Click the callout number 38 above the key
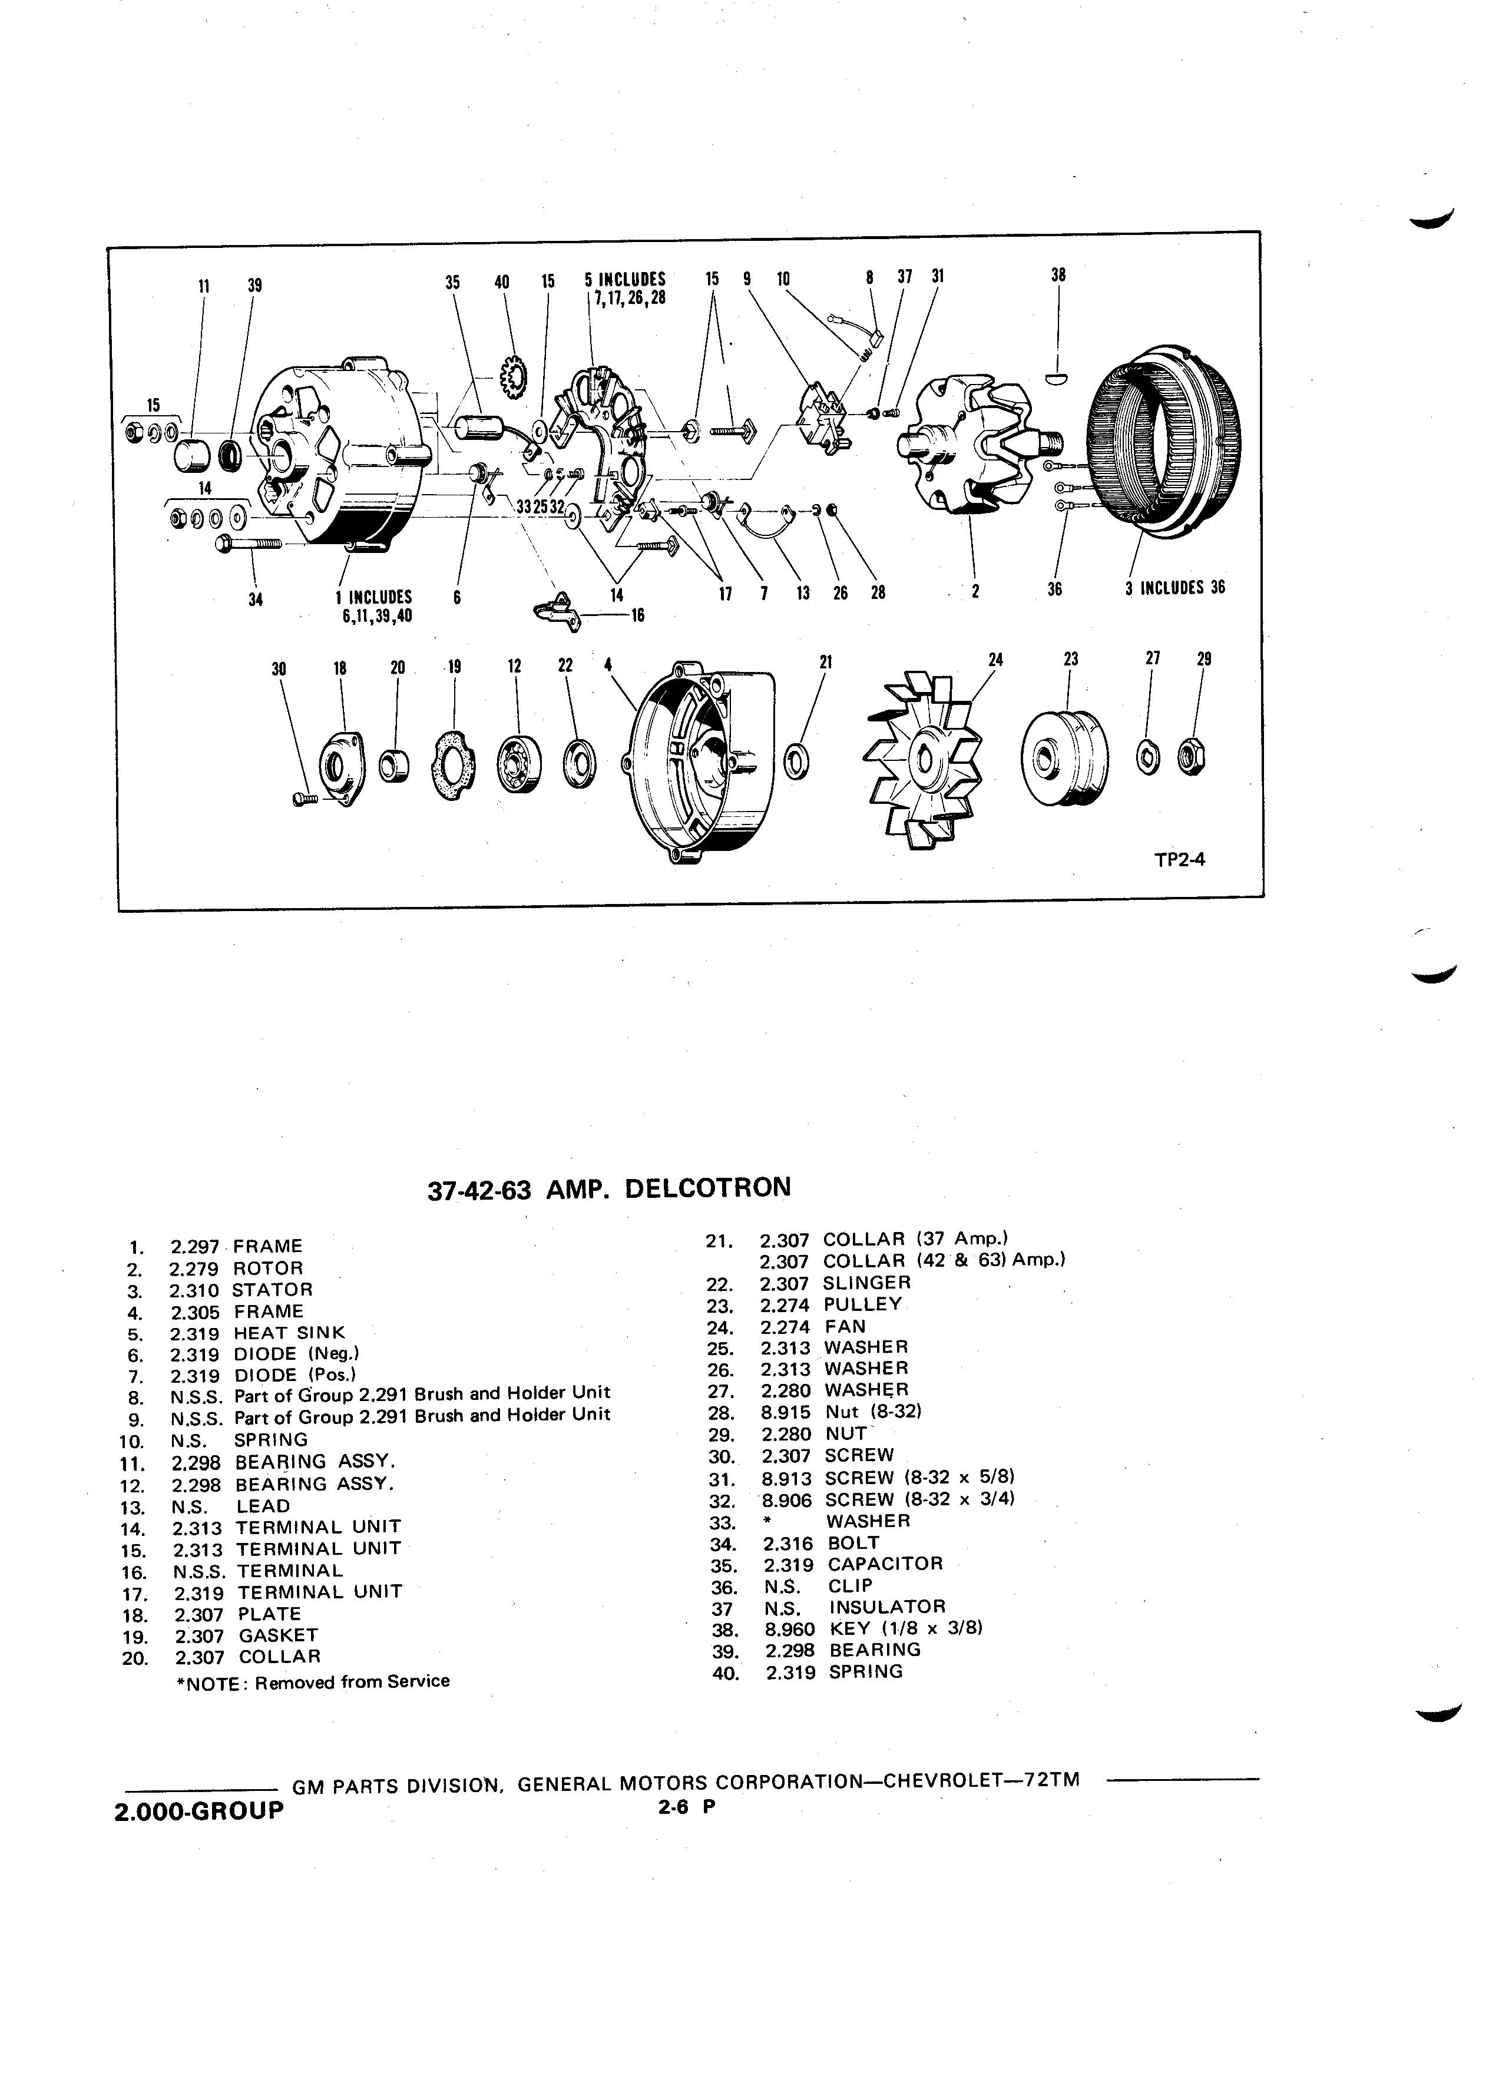(x=1058, y=275)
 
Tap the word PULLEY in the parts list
(x=862, y=1304)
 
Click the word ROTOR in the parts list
(x=268, y=1268)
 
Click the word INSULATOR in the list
(x=886, y=1606)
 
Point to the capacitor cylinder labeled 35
(x=477, y=429)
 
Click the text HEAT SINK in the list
(x=290, y=1333)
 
